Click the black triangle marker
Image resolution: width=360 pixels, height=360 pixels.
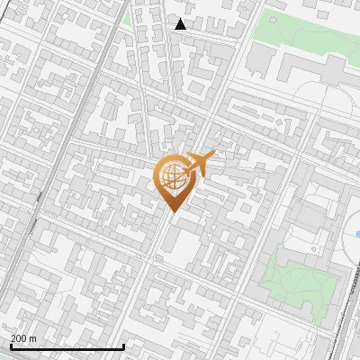[181, 24]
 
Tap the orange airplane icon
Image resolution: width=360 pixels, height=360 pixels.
[200, 164]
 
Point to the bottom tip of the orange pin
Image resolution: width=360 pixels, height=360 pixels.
[172, 212]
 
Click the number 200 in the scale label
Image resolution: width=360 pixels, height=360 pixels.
[19, 338]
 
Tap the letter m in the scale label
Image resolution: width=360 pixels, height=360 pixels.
[33, 338]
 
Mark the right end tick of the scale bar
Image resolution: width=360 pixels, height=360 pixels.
[123, 346]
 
